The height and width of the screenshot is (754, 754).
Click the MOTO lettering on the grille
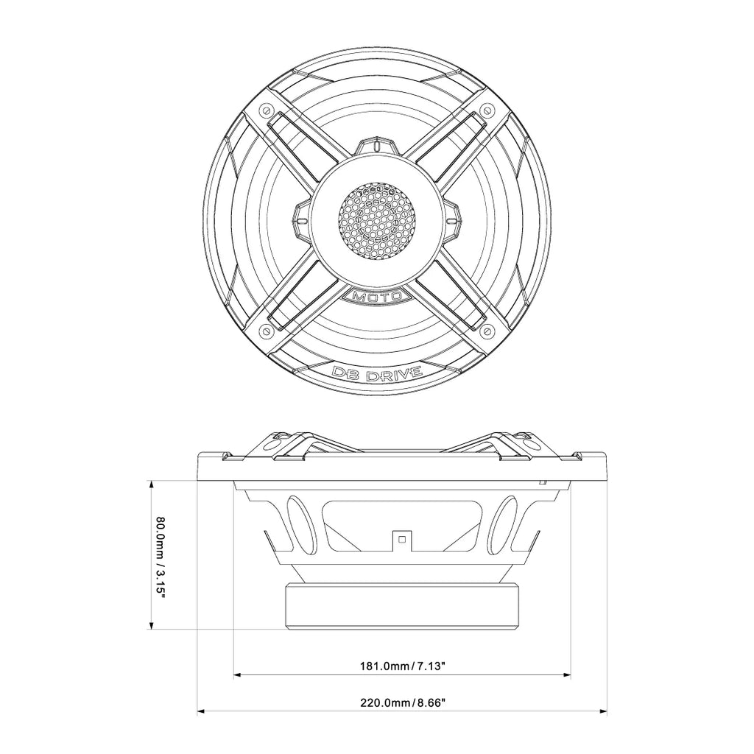tap(378, 296)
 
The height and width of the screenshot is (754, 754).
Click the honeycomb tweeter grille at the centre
tap(378, 220)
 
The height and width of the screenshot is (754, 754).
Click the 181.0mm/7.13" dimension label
tap(402, 666)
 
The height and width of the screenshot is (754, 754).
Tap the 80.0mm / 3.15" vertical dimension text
tap(161, 557)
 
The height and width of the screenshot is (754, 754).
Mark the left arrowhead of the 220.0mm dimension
tap(201, 711)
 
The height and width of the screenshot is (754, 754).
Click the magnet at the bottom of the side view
tap(402, 605)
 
